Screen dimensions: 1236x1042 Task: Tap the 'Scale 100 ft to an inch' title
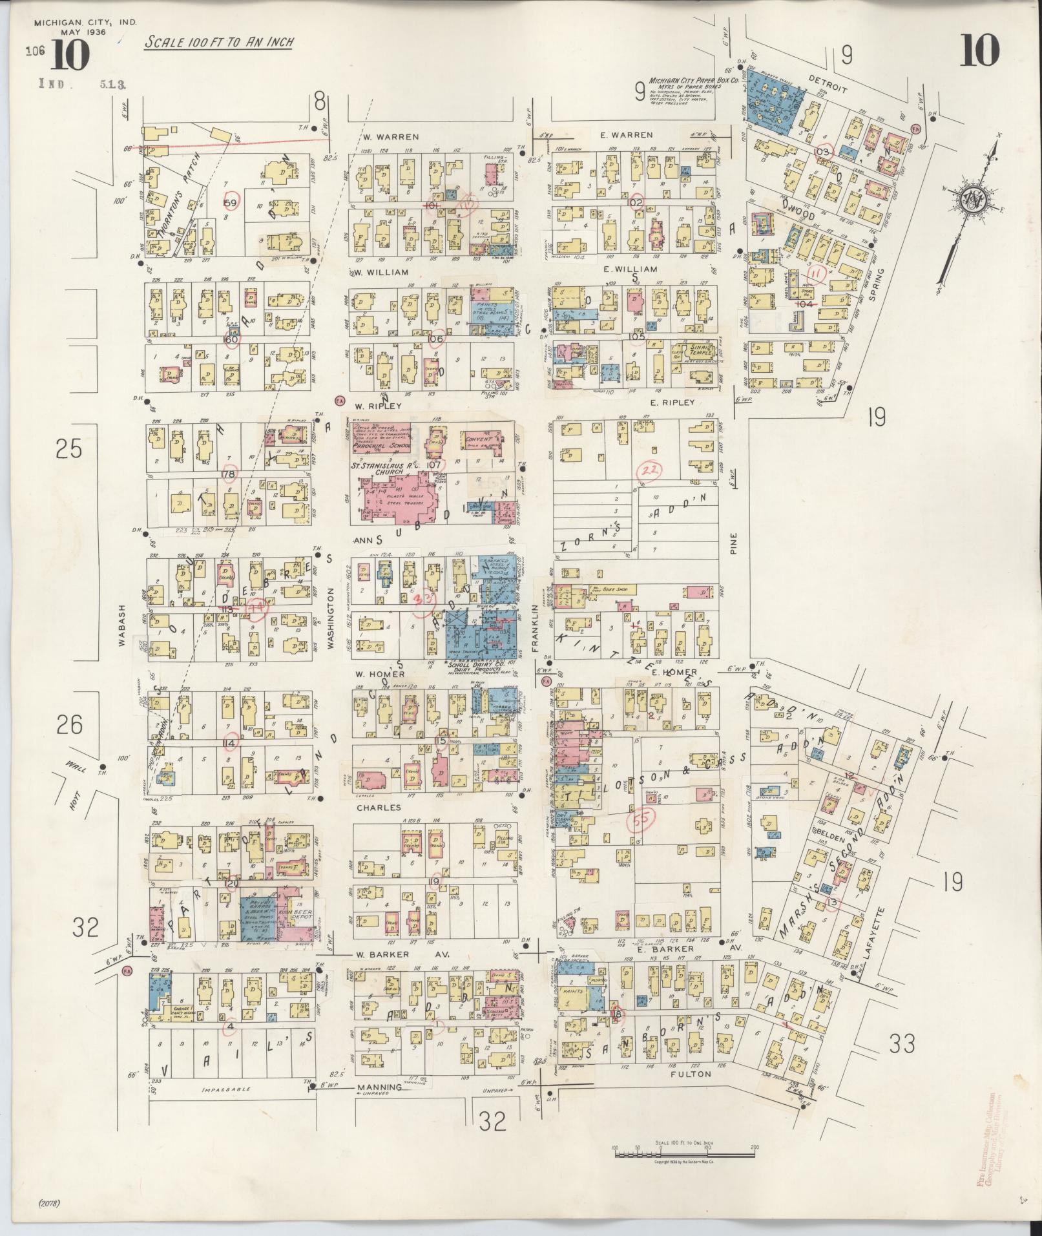[218, 43]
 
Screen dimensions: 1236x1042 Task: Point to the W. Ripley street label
[378, 406]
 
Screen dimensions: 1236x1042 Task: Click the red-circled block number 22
[649, 470]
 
